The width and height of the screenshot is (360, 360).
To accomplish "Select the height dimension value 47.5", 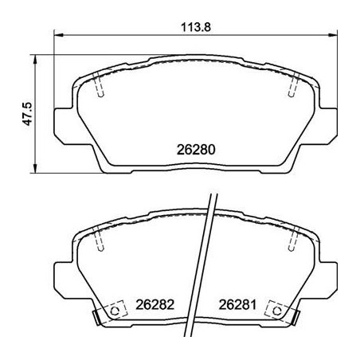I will click(x=27, y=115).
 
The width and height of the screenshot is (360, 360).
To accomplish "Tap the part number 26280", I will click(x=195, y=149).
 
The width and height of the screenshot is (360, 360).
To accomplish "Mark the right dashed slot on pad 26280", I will click(x=292, y=85).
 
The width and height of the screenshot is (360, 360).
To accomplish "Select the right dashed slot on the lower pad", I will click(x=292, y=238).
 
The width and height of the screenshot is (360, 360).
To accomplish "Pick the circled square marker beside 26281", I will click(x=276, y=309).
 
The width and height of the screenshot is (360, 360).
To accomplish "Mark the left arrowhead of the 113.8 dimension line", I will click(x=57, y=34).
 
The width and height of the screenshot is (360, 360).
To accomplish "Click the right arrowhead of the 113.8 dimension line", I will click(x=332, y=34).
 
